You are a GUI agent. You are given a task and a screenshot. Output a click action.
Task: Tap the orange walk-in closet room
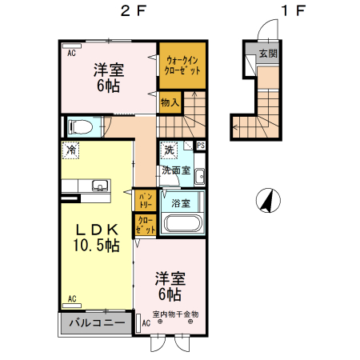183,65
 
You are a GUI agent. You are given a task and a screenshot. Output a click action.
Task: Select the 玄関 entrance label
267,54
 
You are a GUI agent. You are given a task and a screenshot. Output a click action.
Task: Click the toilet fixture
81,126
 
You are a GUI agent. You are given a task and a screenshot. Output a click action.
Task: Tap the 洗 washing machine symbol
170,149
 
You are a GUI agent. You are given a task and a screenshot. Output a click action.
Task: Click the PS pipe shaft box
201,146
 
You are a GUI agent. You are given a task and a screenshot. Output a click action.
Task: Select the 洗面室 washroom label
176,170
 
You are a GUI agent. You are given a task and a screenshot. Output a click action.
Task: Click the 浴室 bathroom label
181,203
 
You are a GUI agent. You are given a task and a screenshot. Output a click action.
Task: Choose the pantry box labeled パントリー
145,198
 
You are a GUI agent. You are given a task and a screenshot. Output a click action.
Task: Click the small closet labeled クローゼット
145,226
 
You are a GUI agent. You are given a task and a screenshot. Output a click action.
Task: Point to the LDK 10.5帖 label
97,238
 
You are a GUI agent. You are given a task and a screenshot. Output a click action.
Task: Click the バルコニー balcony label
95,324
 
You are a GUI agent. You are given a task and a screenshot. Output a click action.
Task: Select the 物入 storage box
170,102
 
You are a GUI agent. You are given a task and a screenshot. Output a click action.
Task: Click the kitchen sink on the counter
100,186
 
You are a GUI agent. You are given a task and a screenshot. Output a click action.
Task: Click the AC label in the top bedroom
70,53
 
